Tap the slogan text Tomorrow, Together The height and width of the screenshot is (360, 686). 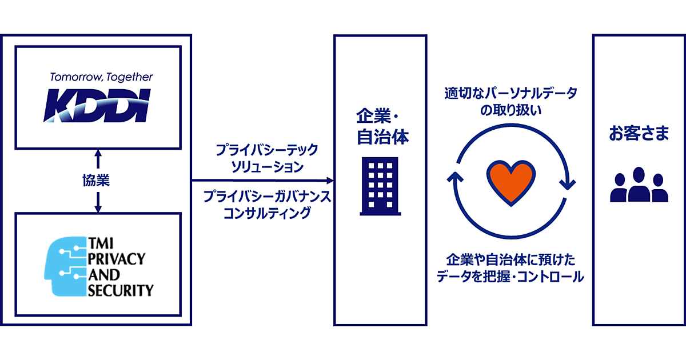coord(101,77)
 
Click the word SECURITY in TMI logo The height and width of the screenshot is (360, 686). coord(121,290)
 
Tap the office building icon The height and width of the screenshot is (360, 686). coord(381,186)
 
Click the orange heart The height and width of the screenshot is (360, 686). coord(510,182)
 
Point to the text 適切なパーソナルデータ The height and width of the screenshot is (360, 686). coord(511,93)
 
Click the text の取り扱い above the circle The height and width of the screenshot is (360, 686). coord(511,110)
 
